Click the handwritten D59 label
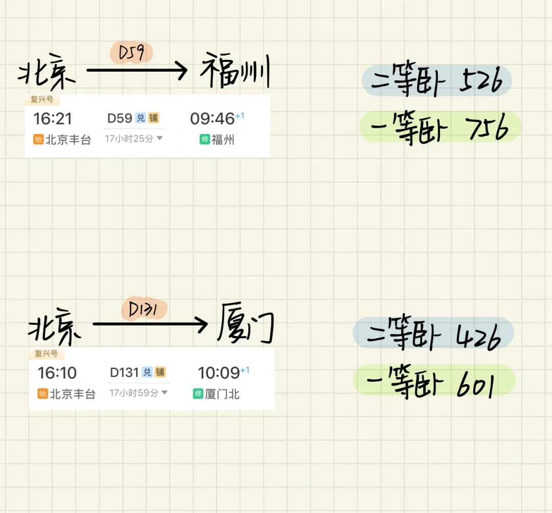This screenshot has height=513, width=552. point(131,53)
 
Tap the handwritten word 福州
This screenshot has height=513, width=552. point(235,73)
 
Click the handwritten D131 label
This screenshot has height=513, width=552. point(145,309)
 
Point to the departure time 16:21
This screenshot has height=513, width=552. point(53,119)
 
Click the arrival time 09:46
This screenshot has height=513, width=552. point(212,119)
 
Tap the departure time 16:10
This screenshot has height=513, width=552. point(57,373)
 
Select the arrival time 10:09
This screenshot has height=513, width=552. point(219,373)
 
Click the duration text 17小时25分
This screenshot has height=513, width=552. point(129,139)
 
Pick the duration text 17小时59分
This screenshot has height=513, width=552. point(134,393)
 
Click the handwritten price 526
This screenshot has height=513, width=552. point(480,81)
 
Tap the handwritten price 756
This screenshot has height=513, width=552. point(489,128)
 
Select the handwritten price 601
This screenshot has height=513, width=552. point(475,384)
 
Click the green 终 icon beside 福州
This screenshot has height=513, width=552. point(204,139)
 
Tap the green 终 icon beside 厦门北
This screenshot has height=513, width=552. point(198,394)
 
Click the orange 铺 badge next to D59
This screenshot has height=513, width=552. point(153,118)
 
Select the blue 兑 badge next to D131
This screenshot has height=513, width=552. point(147,372)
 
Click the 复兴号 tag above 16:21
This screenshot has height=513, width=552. point(42,99)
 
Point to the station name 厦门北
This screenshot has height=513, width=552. point(222,394)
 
